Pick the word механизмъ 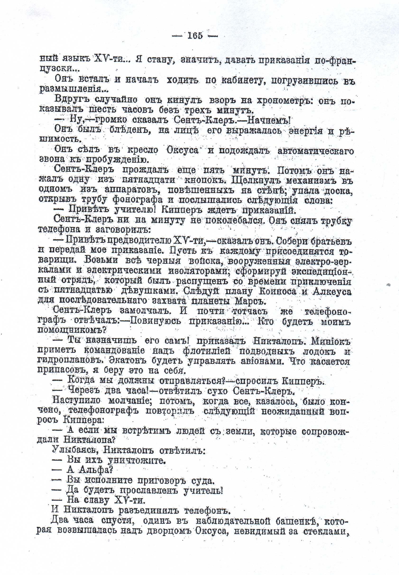point(314,181)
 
